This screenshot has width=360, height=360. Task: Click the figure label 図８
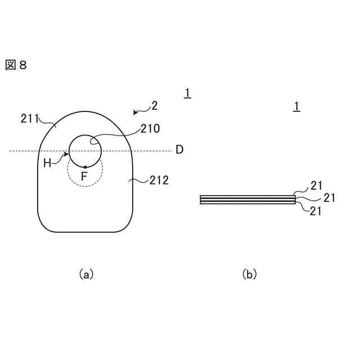point(16,65)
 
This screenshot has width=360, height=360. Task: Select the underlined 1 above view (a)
point(187,93)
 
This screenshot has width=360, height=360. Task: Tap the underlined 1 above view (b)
point(297,106)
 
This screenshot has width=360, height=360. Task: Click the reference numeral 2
point(154,105)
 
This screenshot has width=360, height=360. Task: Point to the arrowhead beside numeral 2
point(136,112)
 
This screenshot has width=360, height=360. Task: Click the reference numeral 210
point(150,128)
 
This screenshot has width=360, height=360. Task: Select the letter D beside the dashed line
point(179,150)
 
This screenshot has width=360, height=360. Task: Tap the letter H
point(47,163)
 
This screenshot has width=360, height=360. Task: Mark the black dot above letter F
point(85,167)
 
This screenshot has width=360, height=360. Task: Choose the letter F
point(84,177)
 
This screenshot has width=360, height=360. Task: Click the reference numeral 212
point(159,181)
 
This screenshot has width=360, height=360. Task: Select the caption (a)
point(86,274)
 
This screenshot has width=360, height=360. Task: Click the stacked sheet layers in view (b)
point(247,199)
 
